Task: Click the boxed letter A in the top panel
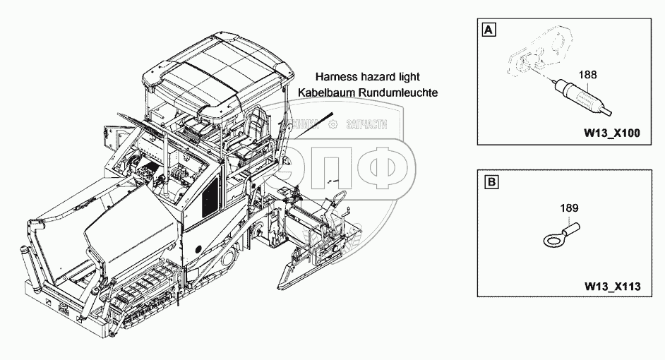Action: [488, 30]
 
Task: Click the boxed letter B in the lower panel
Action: [488, 184]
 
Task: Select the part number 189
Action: [570, 208]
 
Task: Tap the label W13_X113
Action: [611, 287]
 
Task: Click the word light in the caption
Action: [412, 77]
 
